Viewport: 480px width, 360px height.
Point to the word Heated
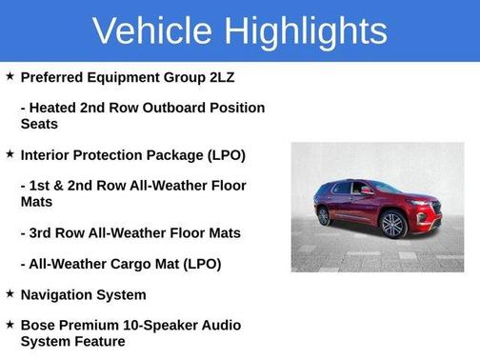coord(55,108)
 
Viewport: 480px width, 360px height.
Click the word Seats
coord(40,124)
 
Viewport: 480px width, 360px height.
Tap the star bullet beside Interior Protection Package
coord(10,153)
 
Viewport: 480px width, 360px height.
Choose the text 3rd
coord(44,232)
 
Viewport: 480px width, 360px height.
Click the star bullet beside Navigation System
coord(10,293)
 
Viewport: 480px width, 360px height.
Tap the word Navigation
coord(58,294)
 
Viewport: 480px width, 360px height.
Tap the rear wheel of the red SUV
coord(325,216)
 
